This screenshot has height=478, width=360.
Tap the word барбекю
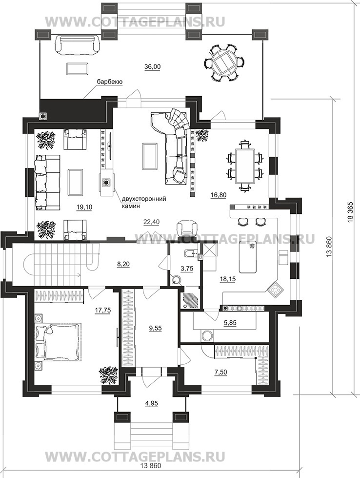110,82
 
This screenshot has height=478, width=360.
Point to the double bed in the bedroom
58,341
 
